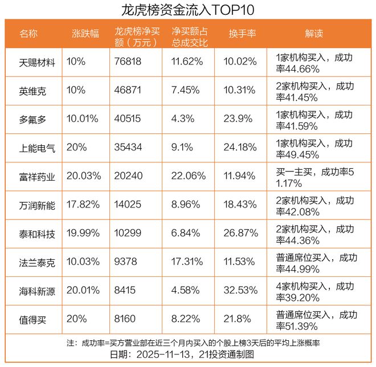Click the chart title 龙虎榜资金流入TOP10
click(188, 10)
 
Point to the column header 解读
click(314, 34)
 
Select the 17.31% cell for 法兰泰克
click(184, 262)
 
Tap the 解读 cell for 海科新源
click(314, 291)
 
